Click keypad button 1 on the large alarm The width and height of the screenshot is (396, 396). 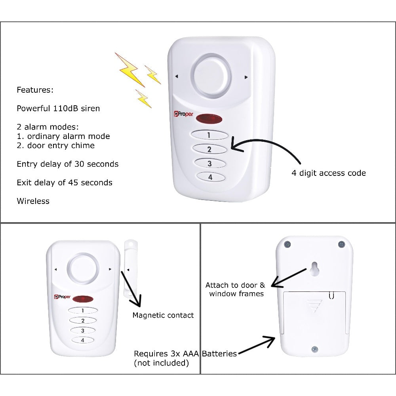click(209, 135)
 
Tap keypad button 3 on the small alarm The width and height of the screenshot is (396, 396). click(83, 330)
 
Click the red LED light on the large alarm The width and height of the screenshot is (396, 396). click(209, 119)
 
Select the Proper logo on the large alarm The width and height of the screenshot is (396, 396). click(183, 114)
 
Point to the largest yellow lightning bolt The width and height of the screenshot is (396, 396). click(129, 70)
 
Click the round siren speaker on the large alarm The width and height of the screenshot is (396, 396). click(211, 77)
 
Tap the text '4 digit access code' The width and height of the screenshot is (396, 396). click(329, 173)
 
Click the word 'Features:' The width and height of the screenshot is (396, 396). click(35, 89)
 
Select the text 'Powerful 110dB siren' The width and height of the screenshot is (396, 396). click(58, 109)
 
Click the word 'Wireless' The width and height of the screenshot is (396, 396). click(33, 201)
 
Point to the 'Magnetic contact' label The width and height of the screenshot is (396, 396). click(163, 315)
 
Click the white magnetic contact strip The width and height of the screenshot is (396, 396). click(131, 269)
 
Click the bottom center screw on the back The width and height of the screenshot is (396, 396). click(315, 349)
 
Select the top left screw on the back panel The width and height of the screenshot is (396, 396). click(287, 244)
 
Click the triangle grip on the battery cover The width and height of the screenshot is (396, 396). click(314, 306)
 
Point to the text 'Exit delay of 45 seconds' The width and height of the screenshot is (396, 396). click(65, 183)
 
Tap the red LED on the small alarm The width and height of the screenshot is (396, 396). click(83, 299)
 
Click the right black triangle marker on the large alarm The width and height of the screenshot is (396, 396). click(246, 77)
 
